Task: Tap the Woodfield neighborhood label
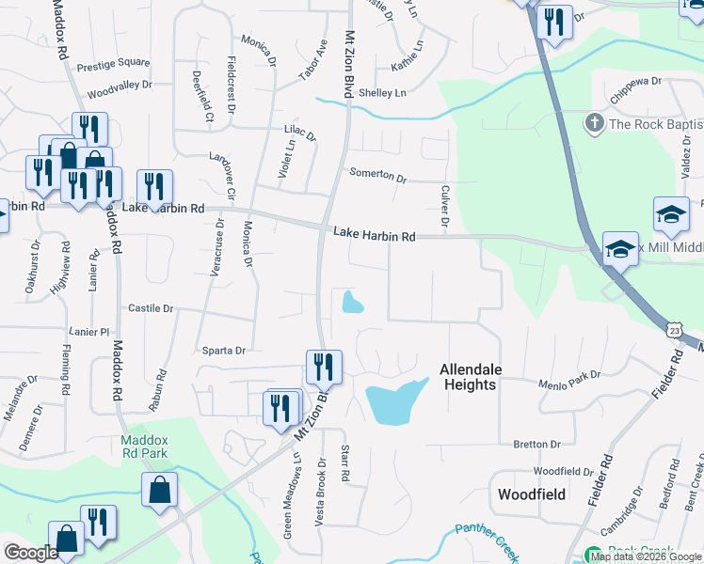coord(530,493)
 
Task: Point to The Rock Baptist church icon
coord(594,123)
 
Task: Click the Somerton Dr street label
coord(377,177)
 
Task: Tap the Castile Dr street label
coord(151,308)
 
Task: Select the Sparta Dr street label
coord(223,350)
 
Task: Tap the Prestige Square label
coord(113,64)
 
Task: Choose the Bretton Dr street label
coord(536,444)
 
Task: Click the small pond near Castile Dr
coord(353,302)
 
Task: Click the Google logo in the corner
coord(31,553)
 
